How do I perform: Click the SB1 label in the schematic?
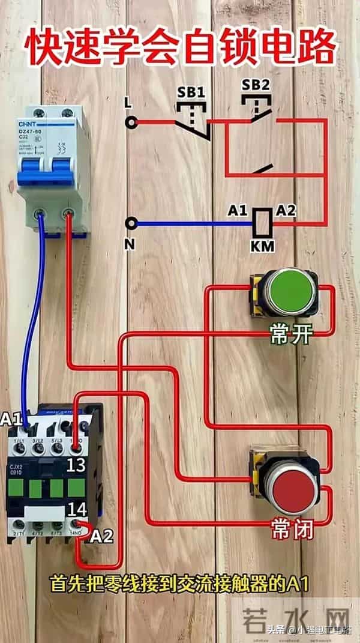point(191,92)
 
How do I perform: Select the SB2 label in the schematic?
point(256,85)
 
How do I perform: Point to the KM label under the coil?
point(262,246)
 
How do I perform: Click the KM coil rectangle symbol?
point(262,223)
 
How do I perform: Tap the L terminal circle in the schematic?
point(131,122)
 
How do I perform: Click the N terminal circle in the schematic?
point(131,224)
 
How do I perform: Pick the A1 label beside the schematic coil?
point(238,211)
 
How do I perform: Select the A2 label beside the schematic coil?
point(286,211)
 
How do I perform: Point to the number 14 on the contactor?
point(77,510)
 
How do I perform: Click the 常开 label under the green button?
point(291,335)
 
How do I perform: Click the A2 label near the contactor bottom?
point(101,537)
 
